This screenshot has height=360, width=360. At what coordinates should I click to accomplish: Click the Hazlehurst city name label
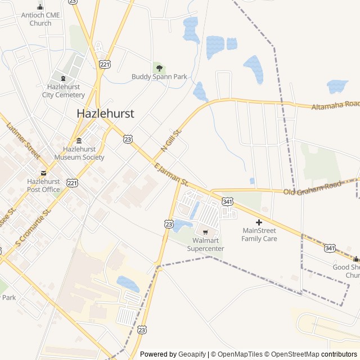point(105,113)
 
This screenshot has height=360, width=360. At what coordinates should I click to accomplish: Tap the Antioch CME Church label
point(40,19)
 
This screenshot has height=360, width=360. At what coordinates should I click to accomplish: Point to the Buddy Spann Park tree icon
point(159,67)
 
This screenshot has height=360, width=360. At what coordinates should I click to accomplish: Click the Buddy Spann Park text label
point(159,76)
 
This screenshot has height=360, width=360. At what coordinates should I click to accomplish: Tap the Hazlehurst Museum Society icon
point(79,140)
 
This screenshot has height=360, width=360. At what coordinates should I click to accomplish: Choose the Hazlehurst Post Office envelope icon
point(43,173)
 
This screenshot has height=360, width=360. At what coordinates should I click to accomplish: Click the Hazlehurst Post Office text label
point(43,186)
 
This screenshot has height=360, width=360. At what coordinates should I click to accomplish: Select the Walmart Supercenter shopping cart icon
point(205,232)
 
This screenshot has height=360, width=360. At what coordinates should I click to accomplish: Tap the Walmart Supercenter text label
point(205,245)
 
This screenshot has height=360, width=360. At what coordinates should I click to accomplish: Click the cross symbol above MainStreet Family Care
point(259,222)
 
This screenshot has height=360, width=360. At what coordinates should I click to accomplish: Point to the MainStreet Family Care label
point(259,235)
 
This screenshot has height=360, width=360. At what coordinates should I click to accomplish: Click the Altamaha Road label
point(335,105)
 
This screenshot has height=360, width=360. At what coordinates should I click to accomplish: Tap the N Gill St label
point(172,139)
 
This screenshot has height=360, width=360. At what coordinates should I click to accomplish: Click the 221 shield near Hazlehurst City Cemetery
point(105,65)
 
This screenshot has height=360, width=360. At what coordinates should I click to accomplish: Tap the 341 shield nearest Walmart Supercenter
point(227,201)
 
